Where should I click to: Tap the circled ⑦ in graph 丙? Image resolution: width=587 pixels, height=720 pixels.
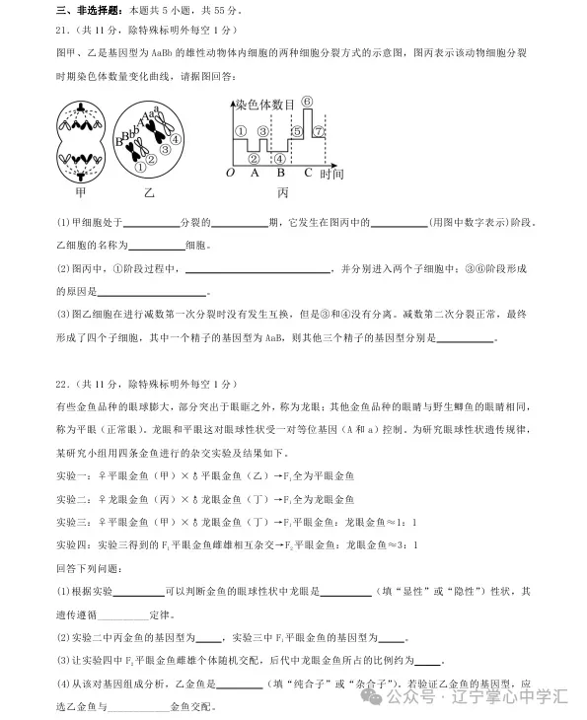coord(317,131)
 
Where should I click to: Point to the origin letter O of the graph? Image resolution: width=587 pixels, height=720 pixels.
coord(230,172)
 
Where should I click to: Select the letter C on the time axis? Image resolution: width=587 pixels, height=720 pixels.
coord(308,172)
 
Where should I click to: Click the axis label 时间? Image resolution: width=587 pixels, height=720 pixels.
coord(331,174)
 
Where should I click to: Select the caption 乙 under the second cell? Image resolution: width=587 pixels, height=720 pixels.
coord(148,192)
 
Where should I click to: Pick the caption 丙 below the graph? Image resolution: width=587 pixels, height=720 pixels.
coord(283,192)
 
